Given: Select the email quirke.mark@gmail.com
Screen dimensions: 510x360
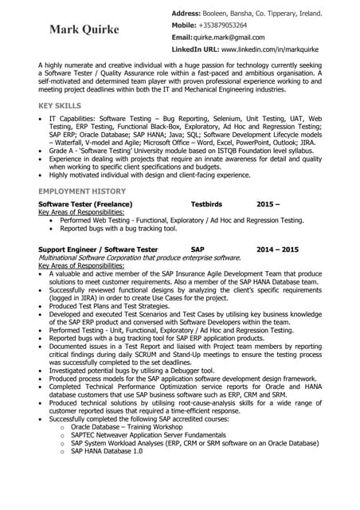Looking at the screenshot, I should (x=229, y=37).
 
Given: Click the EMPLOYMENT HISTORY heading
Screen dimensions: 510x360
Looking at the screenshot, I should (x=83, y=192).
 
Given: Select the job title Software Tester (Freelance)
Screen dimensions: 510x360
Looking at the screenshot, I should (x=86, y=204).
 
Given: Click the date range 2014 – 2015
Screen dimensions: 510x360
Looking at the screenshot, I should (x=277, y=249).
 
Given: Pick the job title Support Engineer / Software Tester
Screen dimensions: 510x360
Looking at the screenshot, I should (x=98, y=249).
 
